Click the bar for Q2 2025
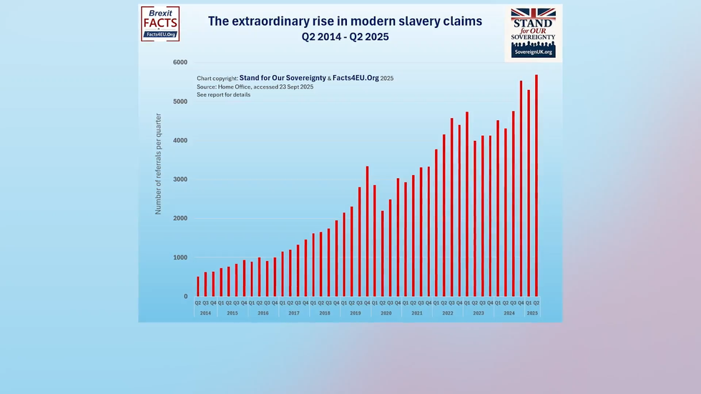coord(536,186)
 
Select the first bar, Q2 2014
coord(198,287)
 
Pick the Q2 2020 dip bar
coord(383,254)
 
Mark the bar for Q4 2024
coord(521,189)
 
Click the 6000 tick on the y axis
coord(180,63)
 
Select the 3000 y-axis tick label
coord(180,179)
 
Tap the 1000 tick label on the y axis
coord(180,257)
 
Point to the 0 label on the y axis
coord(186,297)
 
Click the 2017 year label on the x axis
coord(294,313)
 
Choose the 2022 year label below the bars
coord(448,313)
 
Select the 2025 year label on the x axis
coord(532,313)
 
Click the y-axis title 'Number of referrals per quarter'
coord(159,164)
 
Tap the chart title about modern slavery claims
coord(345,21)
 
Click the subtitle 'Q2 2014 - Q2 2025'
coord(345,36)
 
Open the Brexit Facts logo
coord(160,24)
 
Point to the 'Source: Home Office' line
coord(255,87)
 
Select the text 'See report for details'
coord(223,95)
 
